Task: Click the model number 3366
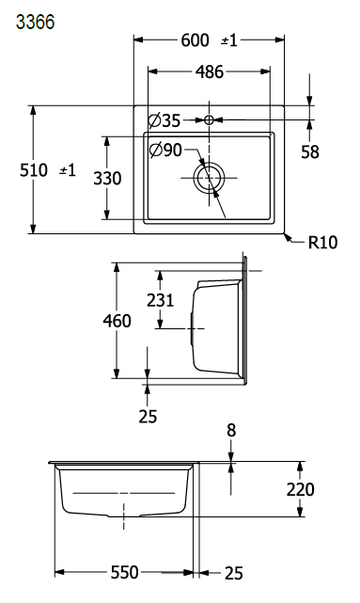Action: pos(35,22)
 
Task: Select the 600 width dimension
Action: pos(196,40)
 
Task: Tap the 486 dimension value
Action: pos(210,71)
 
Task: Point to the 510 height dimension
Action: pos(34,170)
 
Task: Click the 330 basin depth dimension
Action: pos(107,178)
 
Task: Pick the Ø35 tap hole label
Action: pos(164,120)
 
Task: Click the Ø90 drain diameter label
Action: pos(165,150)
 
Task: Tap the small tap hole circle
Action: pos(209,120)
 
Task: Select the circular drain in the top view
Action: pos(209,178)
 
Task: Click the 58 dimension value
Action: pos(310,152)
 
